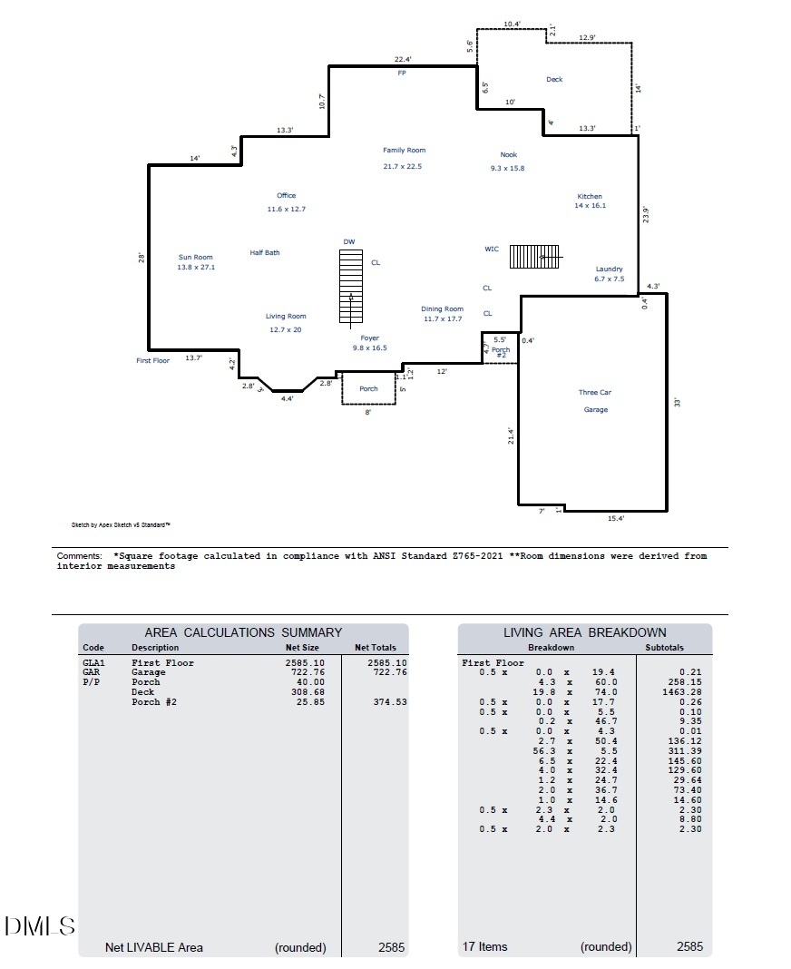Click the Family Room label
[404, 151]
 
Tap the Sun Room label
[195, 258]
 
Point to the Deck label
[554, 80]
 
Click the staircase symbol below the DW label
[350, 286]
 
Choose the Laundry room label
[610, 269]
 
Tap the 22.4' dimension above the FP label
[403, 59]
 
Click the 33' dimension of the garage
[677, 402]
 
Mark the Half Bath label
[265, 253]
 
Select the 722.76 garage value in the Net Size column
[305, 672]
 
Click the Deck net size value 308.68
[305, 692]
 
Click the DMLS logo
[40, 926]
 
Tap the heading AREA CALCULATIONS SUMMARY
[243, 632]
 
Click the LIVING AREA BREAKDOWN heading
[584, 632]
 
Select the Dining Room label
[443, 309]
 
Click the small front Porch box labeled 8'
[368, 388]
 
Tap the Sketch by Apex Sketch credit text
[121, 524]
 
